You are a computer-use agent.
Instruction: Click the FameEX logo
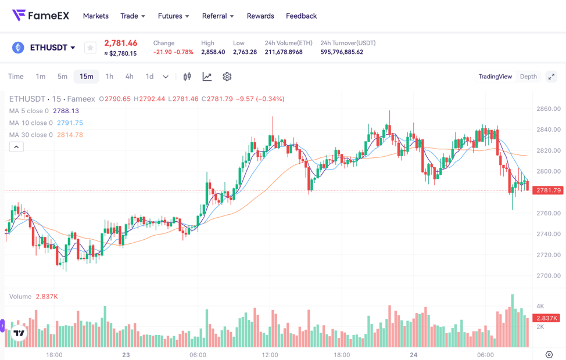click(x=41, y=16)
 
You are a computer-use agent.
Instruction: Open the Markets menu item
click(x=96, y=16)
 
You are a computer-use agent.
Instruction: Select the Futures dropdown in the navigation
click(x=173, y=16)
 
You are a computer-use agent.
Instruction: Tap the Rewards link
click(x=260, y=16)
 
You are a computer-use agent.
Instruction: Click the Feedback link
click(x=301, y=16)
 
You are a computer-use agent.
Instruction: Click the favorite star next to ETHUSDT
click(x=90, y=48)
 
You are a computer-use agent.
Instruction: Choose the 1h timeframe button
click(x=109, y=77)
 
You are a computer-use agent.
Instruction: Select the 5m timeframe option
click(x=62, y=77)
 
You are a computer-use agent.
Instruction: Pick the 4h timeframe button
click(x=129, y=77)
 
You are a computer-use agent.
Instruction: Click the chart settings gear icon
click(x=227, y=77)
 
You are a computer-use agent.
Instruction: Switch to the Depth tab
click(x=528, y=77)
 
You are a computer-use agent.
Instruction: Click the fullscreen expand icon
click(x=551, y=77)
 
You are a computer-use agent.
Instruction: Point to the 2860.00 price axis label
click(x=548, y=109)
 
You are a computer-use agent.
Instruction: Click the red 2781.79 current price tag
click(x=548, y=190)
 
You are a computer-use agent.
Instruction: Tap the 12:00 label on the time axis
click(x=270, y=355)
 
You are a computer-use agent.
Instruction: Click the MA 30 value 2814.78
click(x=70, y=135)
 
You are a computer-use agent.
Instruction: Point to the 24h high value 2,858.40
click(x=213, y=52)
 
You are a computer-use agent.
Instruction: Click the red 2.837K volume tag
click(x=546, y=318)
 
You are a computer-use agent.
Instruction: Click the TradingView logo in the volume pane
click(x=19, y=333)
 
